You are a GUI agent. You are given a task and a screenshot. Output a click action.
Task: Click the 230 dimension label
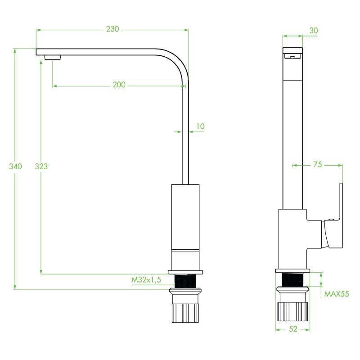(112, 29)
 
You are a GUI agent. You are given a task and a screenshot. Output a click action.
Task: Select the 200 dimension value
(119, 85)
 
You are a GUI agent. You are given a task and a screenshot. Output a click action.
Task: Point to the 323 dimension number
(41, 166)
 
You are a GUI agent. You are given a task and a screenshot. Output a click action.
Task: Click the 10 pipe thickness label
(200, 126)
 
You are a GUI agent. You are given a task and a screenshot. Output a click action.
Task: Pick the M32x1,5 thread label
(146, 280)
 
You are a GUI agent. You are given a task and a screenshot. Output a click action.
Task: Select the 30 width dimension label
(314, 30)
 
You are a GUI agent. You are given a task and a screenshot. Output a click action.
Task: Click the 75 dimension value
(317, 165)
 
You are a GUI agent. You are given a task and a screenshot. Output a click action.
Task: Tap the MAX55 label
(337, 294)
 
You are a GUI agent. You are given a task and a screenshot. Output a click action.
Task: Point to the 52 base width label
(293, 329)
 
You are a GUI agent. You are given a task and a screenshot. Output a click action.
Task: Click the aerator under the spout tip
(53, 57)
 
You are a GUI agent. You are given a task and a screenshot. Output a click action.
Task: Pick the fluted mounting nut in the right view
(293, 311)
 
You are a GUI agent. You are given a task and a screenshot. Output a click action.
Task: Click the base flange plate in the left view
(185, 272)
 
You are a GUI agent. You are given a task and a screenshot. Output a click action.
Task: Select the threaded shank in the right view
(293, 280)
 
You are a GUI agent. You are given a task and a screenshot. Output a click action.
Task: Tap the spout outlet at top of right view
(292, 56)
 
